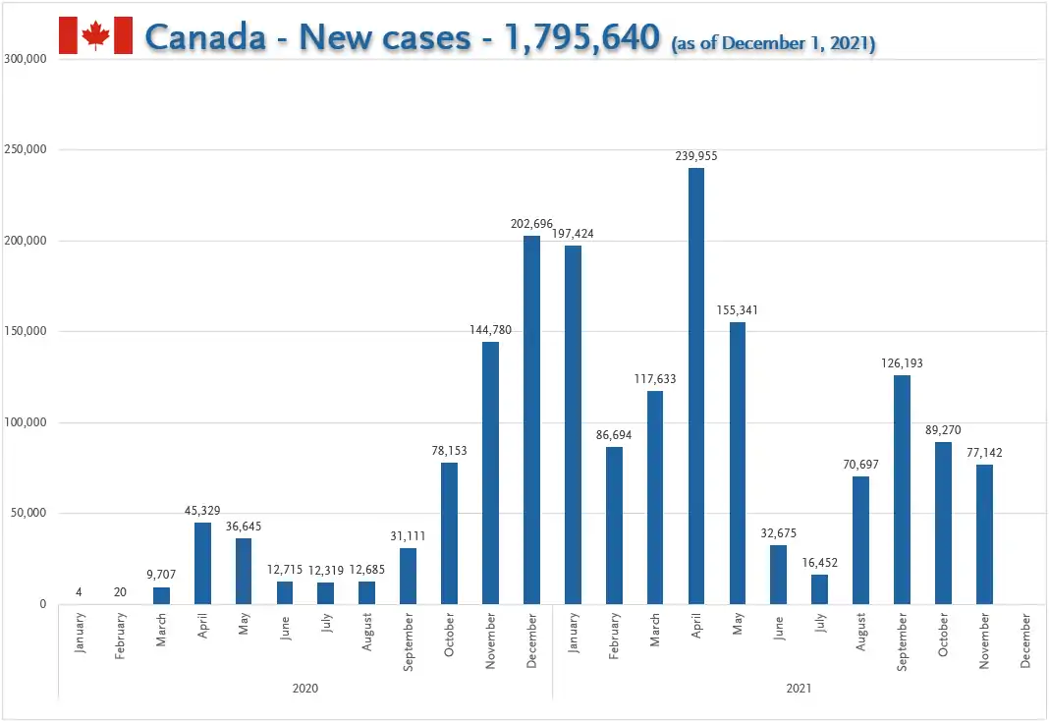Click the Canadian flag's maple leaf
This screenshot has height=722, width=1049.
click(x=95, y=34)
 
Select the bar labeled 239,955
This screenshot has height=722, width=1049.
click(x=695, y=386)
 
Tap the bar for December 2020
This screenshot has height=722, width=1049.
click(x=531, y=420)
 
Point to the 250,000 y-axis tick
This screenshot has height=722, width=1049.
click(x=26, y=149)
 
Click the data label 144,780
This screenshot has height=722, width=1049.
click(x=490, y=330)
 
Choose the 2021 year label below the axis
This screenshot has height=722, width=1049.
click(x=799, y=688)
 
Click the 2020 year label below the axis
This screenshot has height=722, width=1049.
click(x=305, y=688)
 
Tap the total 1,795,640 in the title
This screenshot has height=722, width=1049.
click(x=582, y=36)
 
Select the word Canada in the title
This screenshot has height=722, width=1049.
click(x=205, y=36)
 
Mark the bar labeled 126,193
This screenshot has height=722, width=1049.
click(x=902, y=490)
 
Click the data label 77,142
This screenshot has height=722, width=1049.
click(x=984, y=453)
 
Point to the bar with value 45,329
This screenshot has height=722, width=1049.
click(x=202, y=564)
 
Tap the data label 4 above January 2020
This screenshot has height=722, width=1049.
click(x=79, y=592)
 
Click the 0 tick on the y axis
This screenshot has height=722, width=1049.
click(x=43, y=604)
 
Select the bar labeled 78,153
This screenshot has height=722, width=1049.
click(x=450, y=533)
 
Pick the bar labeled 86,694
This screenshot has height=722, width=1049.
click(x=614, y=526)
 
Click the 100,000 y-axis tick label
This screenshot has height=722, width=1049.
click(x=26, y=422)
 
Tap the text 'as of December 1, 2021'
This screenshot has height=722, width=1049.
click(x=773, y=43)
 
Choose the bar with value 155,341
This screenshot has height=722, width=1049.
click(x=738, y=463)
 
